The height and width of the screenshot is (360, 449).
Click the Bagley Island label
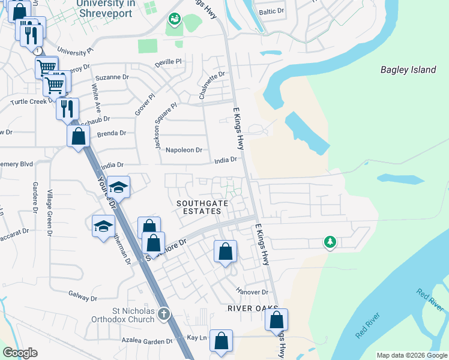(x=408, y=70)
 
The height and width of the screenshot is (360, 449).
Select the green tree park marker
(x=330, y=242)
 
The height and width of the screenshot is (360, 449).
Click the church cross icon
(x=164, y=313)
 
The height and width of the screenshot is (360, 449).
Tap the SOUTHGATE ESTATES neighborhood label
(x=202, y=208)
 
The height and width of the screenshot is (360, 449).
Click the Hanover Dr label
(x=252, y=292)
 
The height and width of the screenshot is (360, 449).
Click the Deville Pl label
(x=167, y=61)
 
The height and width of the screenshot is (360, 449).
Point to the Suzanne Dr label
(x=112, y=77)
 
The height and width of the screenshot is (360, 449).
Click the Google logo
(x=20, y=353)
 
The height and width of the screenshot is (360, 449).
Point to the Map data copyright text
(x=411, y=355)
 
